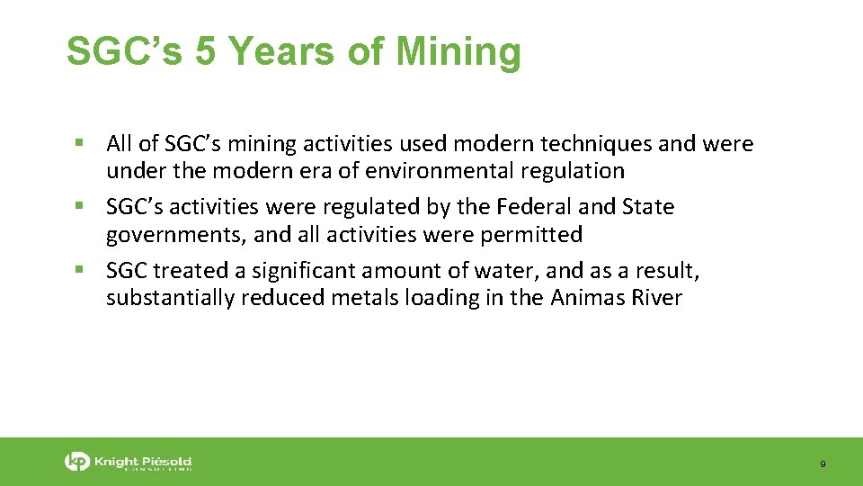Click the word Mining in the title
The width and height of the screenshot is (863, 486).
click(458, 52)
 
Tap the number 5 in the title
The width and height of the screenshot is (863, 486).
click(205, 51)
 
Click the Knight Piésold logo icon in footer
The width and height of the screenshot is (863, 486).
click(77, 463)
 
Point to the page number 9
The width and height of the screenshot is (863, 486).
click(823, 464)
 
